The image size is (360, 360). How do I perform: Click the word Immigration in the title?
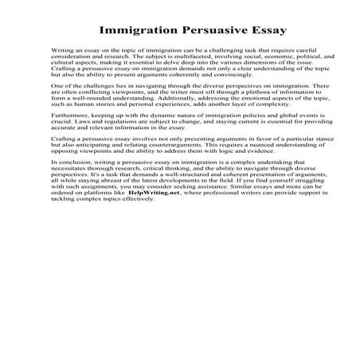tap(133, 33)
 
